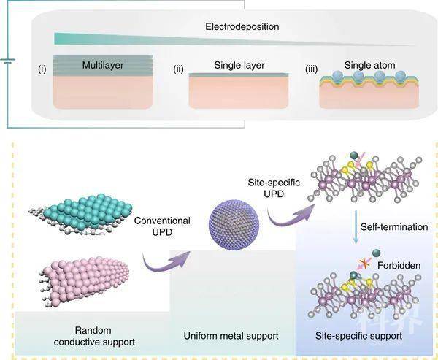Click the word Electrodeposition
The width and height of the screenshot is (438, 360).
[x=242, y=26]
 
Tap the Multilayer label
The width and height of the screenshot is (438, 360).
[x=103, y=65]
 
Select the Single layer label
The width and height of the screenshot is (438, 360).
[x=239, y=65]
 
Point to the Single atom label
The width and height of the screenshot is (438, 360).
[x=369, y=65]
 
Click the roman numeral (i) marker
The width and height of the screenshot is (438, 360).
[x=42, y=69]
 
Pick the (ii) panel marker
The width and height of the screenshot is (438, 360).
[x=179, y=69]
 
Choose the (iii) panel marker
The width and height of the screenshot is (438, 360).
[x=312, y=69]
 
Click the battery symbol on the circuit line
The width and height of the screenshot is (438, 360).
[x=7, y=61]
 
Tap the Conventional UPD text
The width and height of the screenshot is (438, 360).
[x=162, y=226]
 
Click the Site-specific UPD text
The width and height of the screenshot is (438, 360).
[x=274, y=188]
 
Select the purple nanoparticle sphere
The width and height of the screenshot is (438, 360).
[x=234, y=225]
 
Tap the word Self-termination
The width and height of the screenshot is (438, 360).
[x=394, y=226]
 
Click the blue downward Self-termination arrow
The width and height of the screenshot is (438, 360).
[x=356, y=227]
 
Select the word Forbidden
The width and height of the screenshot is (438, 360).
[x=399, y=265]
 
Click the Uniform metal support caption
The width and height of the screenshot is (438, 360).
[x=231, y=335]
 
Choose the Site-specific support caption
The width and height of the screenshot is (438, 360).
[x=358, y=336]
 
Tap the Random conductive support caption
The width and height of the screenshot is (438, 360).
[x=94, y=336]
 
